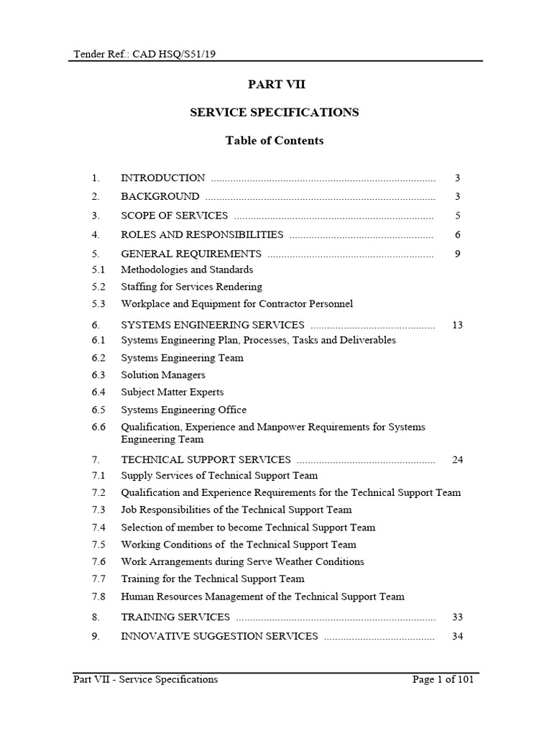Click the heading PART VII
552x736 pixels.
pos(277,85)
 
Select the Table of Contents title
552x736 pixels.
pos(275,141)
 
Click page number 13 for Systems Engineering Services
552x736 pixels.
pos(457,326)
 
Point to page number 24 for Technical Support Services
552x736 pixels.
pos(457,460)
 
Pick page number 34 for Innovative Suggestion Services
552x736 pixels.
pos(457,636)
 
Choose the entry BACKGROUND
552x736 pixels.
pos(160,196)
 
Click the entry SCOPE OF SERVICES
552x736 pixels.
pos(175,216)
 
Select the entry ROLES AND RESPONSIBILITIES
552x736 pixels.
pos(202,235)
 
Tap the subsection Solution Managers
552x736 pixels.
pos(163,375)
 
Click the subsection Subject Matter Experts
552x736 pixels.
pos(172,392)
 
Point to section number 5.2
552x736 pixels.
pos(98,287)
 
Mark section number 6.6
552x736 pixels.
pos(98,427)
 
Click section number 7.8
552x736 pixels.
pos(98,597)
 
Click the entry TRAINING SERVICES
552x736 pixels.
pos(175,617)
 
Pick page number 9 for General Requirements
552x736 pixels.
pos(457,254)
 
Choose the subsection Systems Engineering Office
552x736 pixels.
pos(183,410)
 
